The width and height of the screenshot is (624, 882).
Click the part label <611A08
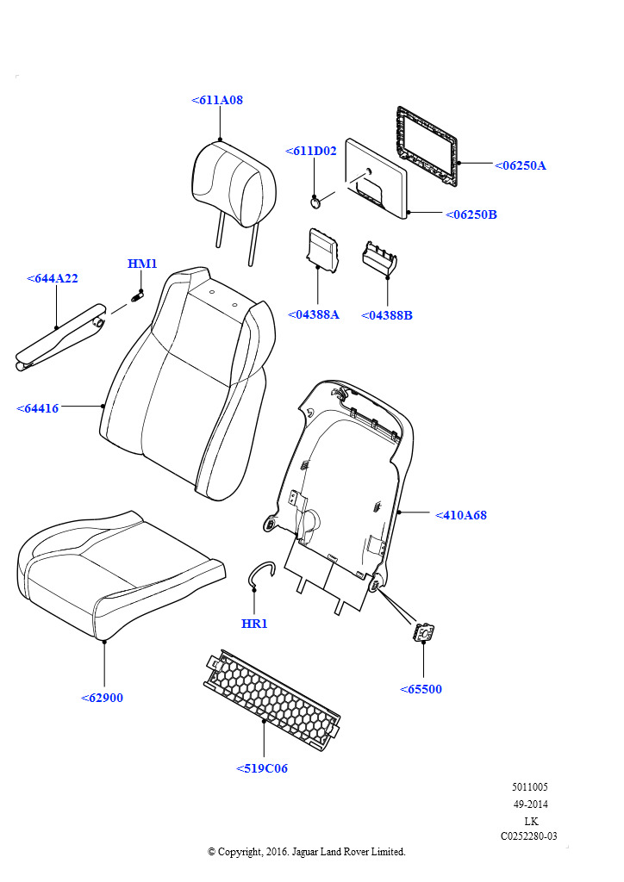(217, 101)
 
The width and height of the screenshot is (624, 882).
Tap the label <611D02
(311, 152)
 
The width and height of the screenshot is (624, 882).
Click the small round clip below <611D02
(316, 202)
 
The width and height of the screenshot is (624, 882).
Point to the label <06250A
(521, 165)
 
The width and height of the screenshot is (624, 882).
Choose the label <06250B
(471, 214)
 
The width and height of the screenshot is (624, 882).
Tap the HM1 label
(142, 264)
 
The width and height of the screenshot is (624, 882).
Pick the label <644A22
(53, 278)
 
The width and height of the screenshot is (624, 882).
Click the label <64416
(38, 408)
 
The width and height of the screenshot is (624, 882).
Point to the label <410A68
(461, 515)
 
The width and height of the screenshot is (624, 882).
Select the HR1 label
(254, 624)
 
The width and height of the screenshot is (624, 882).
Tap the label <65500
(421, 689)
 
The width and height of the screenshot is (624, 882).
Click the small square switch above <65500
(424, 633)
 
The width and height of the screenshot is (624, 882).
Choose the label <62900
(103, 698)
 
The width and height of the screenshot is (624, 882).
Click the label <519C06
(262, 768)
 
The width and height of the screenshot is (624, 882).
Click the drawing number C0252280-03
(529, 835)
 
